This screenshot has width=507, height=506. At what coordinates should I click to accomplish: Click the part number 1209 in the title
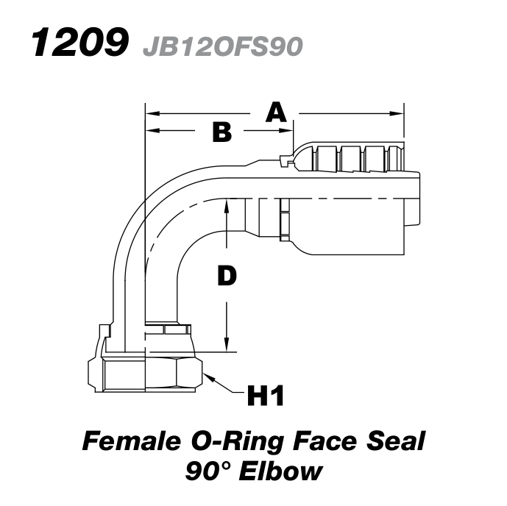pyautogui.click(x=76, y=44)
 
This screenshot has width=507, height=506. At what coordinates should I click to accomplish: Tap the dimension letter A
pyautogui.click(x=275, y=113)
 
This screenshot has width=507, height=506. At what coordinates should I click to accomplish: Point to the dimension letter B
pyautogui.click(x=221, y=132)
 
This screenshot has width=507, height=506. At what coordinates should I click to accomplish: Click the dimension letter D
pyautogui.click(x=227, y=276)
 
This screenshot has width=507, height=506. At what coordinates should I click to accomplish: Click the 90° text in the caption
pyautogui.click(x=209, y=471)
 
